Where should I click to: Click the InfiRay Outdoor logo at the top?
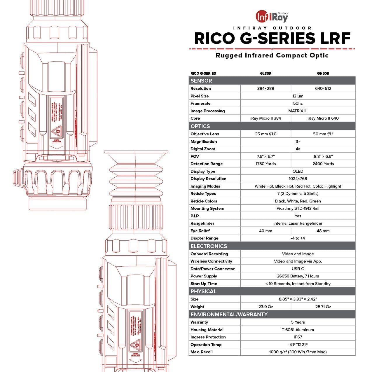coord(272,17)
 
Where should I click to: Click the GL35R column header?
coord(266,73)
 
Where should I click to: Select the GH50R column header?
coord(323,73)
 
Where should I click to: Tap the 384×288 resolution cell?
coord(266,88)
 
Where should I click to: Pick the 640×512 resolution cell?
coord(323,88)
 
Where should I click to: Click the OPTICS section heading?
coord(200,126)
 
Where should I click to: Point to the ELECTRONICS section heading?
coord(209,246)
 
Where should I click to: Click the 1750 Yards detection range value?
coord(266,164)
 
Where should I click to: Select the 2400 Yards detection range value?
coord(323,164)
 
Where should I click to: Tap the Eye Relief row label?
coord(200,231)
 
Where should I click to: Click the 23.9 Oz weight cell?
coord(266,307)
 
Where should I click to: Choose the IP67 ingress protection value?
coord(298,337)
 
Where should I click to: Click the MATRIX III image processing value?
coord(298,111)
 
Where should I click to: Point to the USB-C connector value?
coord(298,269)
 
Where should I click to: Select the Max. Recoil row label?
coord(202,352)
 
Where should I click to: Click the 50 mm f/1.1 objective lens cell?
coord(323,134)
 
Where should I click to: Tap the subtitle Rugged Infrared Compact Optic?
coord(272,55)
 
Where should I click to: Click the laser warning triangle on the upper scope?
coord(58,130)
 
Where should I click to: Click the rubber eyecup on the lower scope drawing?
coord(136,175)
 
